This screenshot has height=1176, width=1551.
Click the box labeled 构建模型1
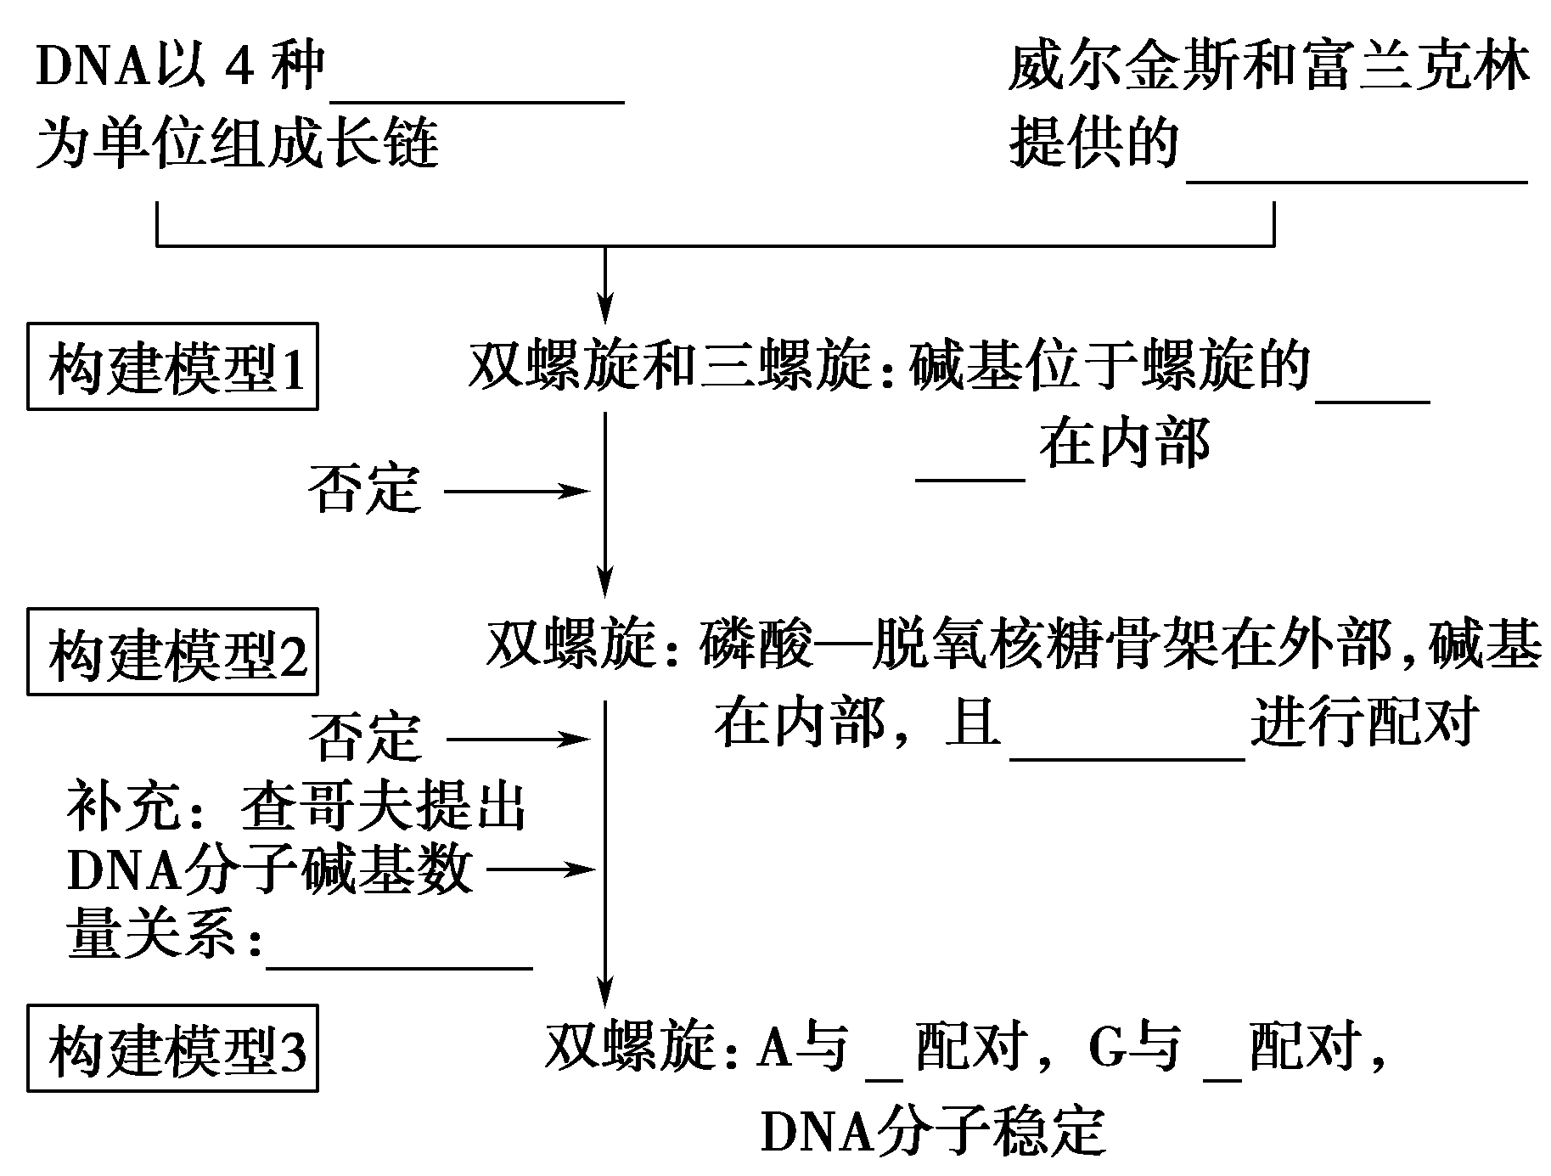172,367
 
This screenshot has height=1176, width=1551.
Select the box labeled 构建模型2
172,652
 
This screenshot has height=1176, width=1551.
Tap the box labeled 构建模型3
172,1049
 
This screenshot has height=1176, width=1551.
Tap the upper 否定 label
364,490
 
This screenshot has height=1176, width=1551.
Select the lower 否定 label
364,738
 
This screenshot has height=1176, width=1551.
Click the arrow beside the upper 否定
516,491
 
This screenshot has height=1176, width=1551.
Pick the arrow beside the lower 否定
517,740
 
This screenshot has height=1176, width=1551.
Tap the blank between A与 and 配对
884,1073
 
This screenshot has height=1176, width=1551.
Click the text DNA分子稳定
934,1131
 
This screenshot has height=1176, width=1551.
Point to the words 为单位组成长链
238,143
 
